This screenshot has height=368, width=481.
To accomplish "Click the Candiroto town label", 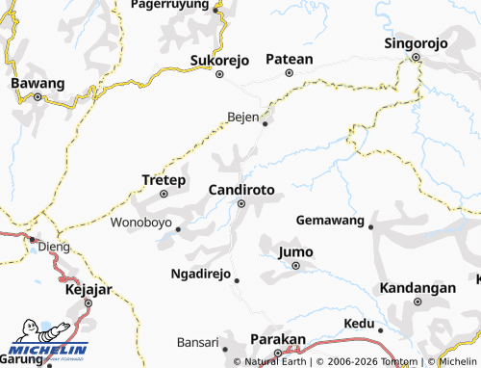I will click(x=241, y=190).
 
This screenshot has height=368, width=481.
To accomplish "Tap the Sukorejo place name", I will click(x=219, y=60).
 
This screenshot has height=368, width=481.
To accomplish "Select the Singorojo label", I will click(x=417, y=43).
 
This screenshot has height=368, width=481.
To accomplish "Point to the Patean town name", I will click(x=290, y=59).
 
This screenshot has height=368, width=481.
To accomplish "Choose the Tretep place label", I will click(x=163, y=180).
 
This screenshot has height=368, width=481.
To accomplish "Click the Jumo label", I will click(x=295, y=252).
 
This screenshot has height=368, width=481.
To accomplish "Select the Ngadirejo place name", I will click(x=200, y=274).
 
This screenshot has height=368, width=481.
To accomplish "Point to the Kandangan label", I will click(x=417, y=288).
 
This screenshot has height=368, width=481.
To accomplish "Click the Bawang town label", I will click(x=38, y=84).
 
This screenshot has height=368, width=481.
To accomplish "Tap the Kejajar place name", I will click(x=88, y=289).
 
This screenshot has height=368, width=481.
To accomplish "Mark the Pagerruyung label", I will click(x=176, y=5).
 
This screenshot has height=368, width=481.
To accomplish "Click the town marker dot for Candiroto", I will click(x=242, y=203).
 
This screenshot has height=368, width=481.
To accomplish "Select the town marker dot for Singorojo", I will click(x=417, y=57).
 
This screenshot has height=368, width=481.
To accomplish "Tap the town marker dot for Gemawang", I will click(x=371, y=226).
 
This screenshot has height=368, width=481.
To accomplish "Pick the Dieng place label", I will click(x=55, y=247).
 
